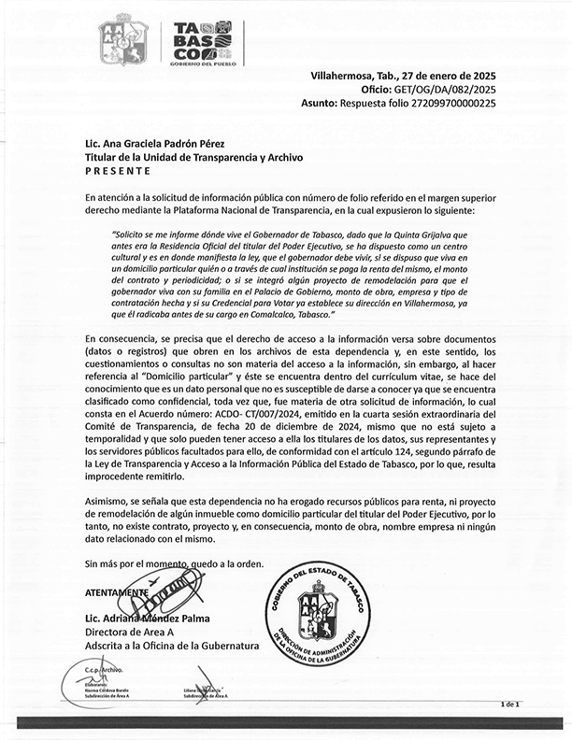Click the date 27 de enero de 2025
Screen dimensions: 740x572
pyautogui.click(x=439, y=76)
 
